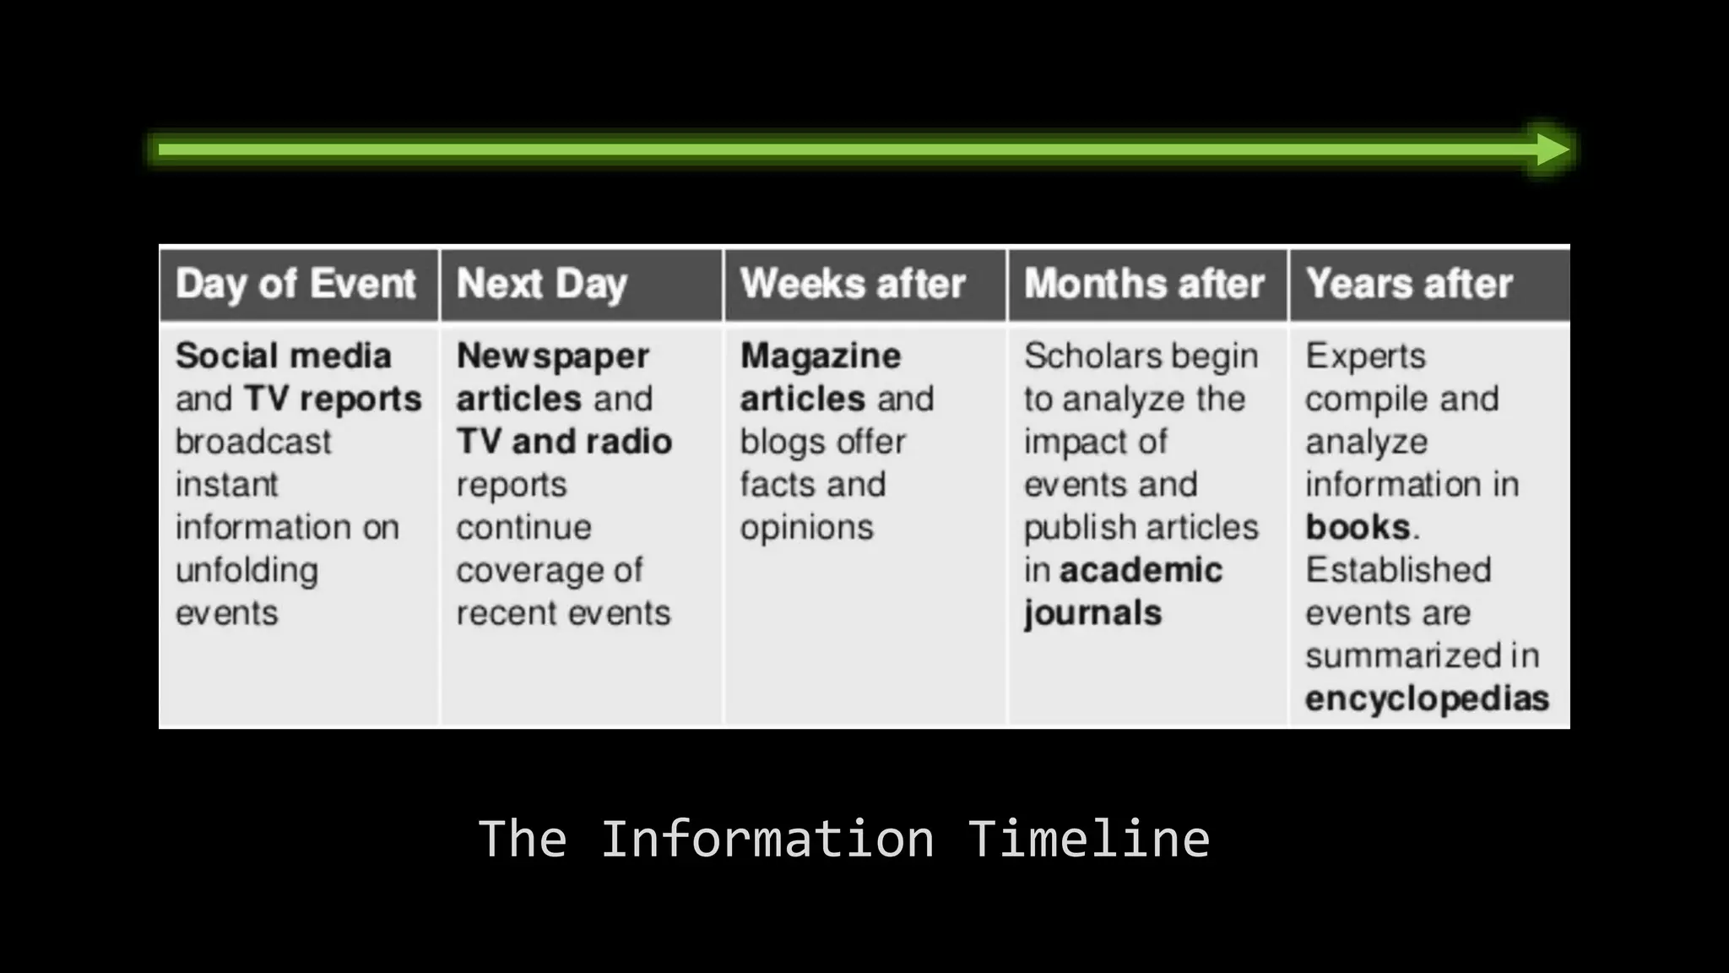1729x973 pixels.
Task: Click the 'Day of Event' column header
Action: pyautogui.click(x=295, y=284)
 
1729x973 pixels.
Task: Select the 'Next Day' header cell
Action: pyautogui.click(x=541, y=284)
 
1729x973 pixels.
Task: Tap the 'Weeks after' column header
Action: pyautogui.click(x=853, y=284)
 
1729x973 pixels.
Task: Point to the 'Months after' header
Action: pyautogui.click(x=1144, y=284)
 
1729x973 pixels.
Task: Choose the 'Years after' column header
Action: pyautogui.click(x=1408, y=284)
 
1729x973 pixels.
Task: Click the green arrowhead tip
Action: pyautogui.click(x=1558, y=149)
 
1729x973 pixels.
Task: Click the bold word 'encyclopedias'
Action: pyautogui.click(x=1427, y=698)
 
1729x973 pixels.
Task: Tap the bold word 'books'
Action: pyautogui.click(x=1358, y=527)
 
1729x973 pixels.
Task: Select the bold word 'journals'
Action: pyautogui.click(x=1092, y=613)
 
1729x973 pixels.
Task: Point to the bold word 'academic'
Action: pyautogui.click(x=1141, y=570)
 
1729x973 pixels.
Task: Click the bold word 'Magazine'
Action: pyautogui.click(x=821, y=356)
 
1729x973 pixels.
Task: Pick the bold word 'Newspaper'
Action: pyautogui.click(x=553, y=356)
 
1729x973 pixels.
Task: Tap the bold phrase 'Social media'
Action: pyautogui.click(x=284, y=356)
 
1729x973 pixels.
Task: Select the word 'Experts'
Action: pyautogui.click(x=1365, y=356)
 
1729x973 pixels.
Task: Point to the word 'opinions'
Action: pyautogui.click(x=806, y=527)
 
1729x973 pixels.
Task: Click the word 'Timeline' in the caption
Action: pyautogui.click(x=1088, y=839)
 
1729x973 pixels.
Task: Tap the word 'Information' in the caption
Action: pyautogui.click(x=767, y=839)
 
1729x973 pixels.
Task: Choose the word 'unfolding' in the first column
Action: pyautogui.click(x=247, y=571)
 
